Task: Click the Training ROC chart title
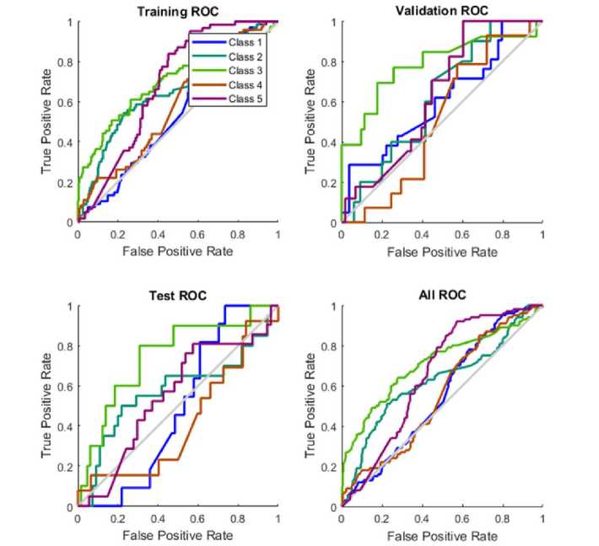[178, 12]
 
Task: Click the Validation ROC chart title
[440, 11]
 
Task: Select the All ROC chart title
[441, 296]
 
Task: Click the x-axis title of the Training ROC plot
[177, 251]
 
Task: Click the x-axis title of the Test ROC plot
[177, 535]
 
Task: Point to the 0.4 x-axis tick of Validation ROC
[421, 235]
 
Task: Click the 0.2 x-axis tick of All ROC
[381, 519]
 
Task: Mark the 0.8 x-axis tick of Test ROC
[238, 519]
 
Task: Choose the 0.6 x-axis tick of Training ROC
[197, 235]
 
